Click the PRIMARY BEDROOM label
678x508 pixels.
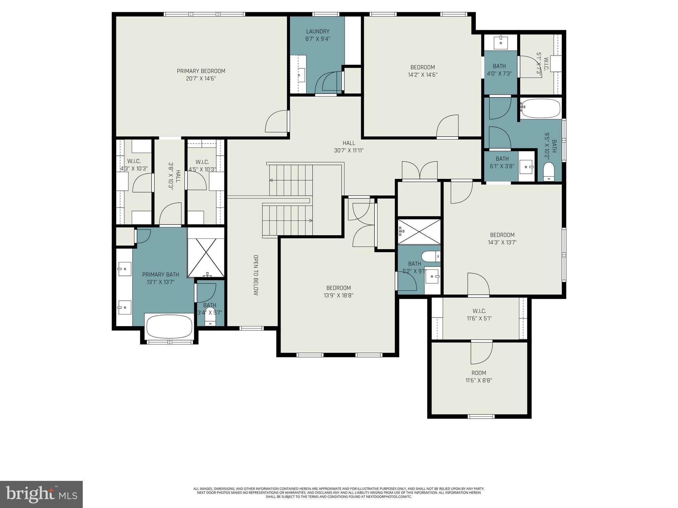pyautogui.click(x=201, y=71)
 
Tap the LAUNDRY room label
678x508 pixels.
pyautogui.click(x=317, y=31)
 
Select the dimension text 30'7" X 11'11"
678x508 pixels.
pyautogui.click(x=349, y=150)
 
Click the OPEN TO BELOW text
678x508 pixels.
pyautogui.click(x=256, y=275)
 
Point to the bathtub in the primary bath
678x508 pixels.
pyautogui.click(x=169, y=325)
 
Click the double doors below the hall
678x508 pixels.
pyautogui.click(x=419, y=170)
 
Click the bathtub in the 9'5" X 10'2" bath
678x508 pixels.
pyautogui.click(x=540, y=108)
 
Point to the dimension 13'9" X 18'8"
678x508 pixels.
pyautogui.click(x=338, y=295)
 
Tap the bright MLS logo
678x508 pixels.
pyautogui.click(x=41, y=494)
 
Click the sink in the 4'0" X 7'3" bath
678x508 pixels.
pyautogui.click(x=501, y=42)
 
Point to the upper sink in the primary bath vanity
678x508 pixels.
pyautogui.click(x=124, y=269)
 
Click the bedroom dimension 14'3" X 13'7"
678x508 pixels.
pyautogui.click(x=502, y=242)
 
